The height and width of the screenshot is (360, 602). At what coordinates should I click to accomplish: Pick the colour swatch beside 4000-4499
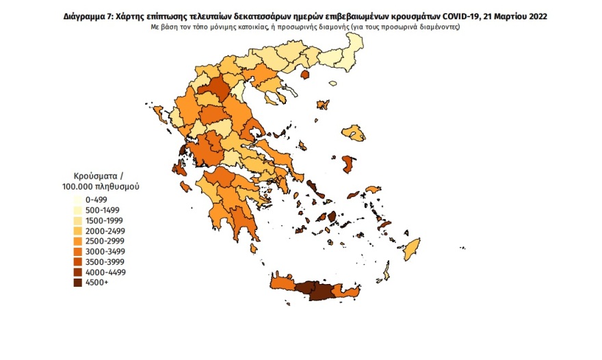click(79, 272)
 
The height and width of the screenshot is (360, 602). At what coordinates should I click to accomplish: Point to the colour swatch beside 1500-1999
click(79, 220)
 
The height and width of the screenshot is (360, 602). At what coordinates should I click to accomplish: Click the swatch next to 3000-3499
click(79, 251)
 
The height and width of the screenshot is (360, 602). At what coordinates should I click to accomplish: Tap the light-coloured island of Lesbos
click(353, 131)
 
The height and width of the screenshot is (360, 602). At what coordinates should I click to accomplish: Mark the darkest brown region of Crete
click(318, 291)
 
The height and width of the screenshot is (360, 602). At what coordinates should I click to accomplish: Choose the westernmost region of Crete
click(280, 283)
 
